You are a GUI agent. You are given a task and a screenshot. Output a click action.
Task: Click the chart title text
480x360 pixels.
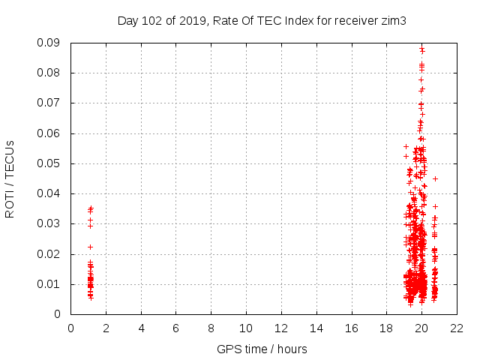pyautogui.click(x=262, y=20)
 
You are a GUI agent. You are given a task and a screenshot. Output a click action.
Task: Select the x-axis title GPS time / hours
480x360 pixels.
pyautogui.click(x=262, y=349)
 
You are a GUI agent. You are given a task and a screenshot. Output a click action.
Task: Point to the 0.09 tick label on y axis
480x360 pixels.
pyautogui.click(x=49, y=43)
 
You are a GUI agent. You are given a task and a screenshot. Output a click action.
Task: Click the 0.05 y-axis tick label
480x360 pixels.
pyautogui.click(x=49, y=163)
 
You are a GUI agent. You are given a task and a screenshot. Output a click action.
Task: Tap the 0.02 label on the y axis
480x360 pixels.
pyautogui.click(x=49, y=254)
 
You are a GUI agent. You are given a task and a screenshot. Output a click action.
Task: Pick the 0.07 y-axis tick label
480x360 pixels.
pyautogui.click(x=49, y=103)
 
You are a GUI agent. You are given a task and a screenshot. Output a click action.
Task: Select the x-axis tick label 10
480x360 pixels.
pyautogui.click(x=246, y=328)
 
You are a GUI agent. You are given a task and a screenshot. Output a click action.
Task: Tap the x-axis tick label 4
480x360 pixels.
pyautogui.click(x=141, y=328)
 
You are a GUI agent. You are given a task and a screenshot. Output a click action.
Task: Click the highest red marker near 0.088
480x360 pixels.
pyautogui.click(x=422, y=49)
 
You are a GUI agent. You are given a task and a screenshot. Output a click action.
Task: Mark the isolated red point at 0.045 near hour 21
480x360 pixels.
pyautogui.click(x=435, y=178)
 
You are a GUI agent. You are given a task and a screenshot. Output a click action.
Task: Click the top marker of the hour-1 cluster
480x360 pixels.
pyautogui.click(x=91, y=208)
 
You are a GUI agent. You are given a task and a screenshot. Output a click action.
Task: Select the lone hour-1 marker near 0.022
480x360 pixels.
pyautogui.click(x=90, y=247)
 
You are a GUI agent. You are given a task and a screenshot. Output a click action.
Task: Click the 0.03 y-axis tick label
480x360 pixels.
pyautogui.click(x=49, y=223)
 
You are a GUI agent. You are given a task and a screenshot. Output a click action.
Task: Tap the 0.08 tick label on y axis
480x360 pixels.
pyautogui.click(x=49, y=73)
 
